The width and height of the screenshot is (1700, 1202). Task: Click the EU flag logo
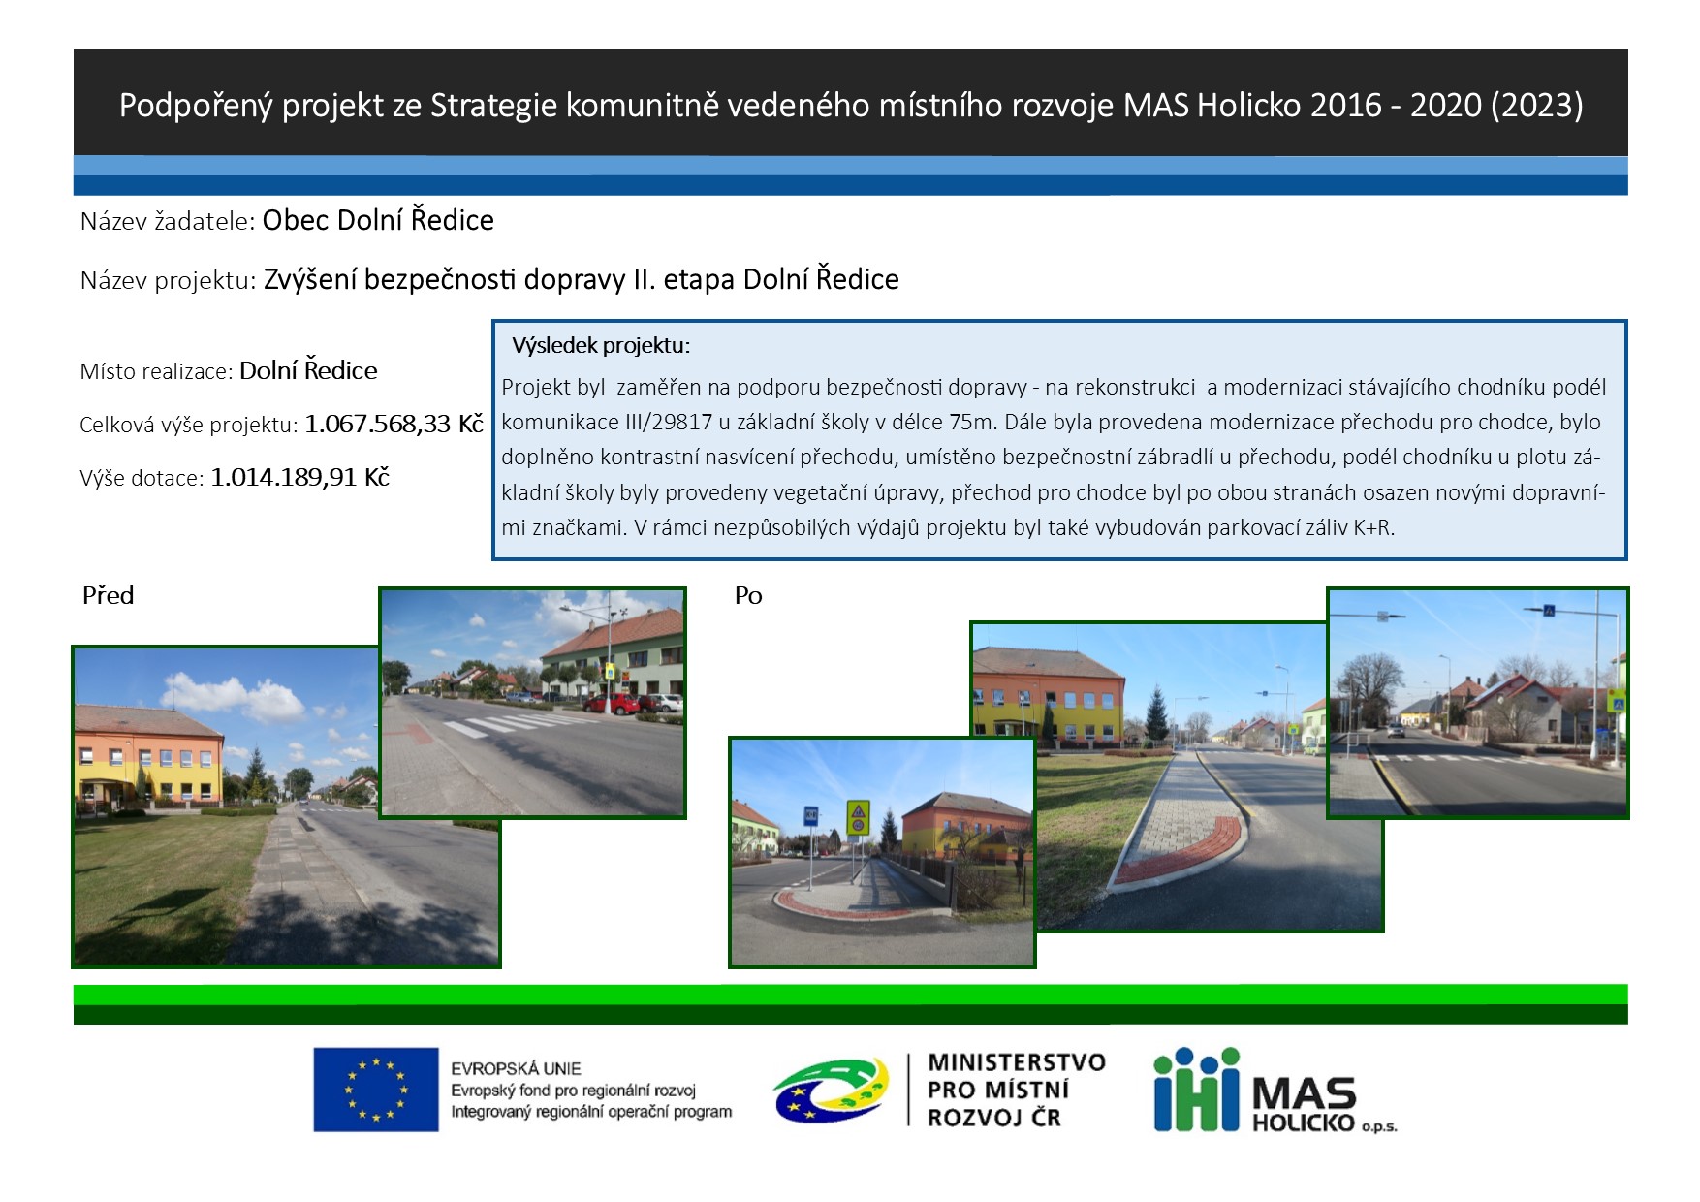coord(375,1090)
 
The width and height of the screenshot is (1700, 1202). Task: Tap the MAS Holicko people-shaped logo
coord(1196,1089)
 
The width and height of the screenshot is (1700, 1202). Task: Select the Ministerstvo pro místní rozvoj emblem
coord(831,1090)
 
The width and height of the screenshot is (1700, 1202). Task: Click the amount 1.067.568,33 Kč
coord(394,424)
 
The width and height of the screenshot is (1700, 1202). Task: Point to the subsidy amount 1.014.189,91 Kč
coord(299,477)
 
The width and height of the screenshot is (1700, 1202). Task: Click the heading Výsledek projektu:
coord(601,345)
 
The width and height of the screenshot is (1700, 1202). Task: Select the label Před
coord(108,595)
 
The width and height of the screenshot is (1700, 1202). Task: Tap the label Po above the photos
coord(748,595)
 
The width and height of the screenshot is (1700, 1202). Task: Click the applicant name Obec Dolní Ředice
coord(378,220)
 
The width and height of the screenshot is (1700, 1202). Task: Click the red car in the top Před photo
coord(611,703)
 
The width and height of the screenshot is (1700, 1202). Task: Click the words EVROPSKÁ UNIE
coord(516,1068)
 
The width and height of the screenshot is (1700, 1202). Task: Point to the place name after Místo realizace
coord(308,370)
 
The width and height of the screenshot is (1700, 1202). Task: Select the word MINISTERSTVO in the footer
coord(1017,1062)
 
